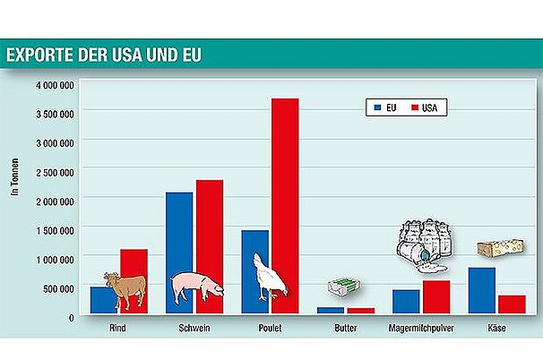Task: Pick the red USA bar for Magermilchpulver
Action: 436,296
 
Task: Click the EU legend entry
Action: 385,107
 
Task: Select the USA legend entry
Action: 428,107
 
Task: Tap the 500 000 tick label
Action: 59,287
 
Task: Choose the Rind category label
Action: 117,329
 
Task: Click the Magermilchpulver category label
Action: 420,329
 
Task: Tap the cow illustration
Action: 125,288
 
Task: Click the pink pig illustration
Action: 196,287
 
